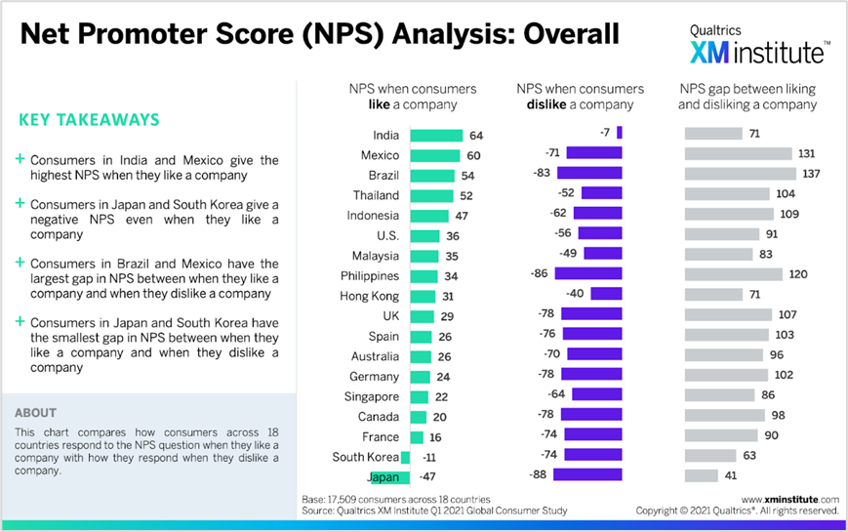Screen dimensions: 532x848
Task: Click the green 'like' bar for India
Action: pyautogui.click(x=436, y=136)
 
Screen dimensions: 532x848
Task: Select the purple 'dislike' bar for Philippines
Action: pyautogui.click(x=588, y=274)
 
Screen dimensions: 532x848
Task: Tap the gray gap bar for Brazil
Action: pyautogui.click(x=740, y=174)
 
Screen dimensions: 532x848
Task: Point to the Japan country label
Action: pyautogui.click(x=383, y=477)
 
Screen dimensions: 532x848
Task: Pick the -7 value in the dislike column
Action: pyautogui.click(x=604, y=133)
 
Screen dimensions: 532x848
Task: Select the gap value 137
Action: pyautogui.click(x=809, y=174)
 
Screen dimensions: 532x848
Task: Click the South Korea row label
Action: pyautogui.click(x=365, y=457)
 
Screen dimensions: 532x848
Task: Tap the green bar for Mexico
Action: pyautogui.click(x=434, y=155)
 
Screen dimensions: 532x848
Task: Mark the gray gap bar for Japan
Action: pyautogui.click(x=702, y=476)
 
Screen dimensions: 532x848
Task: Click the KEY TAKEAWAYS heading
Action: pyautogui.click(x=89, y=120)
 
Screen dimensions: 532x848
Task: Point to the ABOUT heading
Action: pyautogui.click(x=36, y=413)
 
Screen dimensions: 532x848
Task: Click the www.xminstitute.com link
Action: pyautogui.click(x=789, y=498)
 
